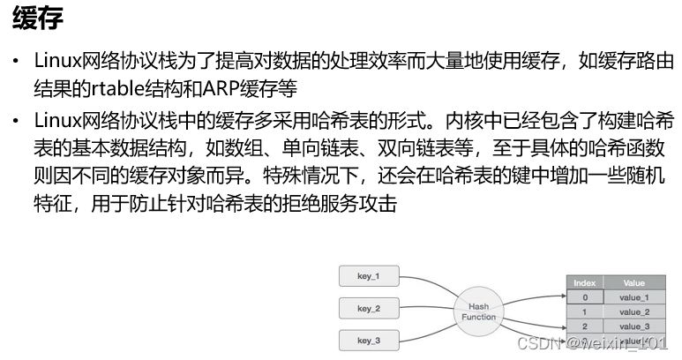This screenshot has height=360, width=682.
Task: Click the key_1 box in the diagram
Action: (x=369, y=277)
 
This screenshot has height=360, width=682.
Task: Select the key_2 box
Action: (x=369, y=309)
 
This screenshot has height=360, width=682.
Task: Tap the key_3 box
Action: (x=369, y=340)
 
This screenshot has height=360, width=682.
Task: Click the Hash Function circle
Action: (x=478, y=311)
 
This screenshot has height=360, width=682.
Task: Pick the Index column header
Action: (x=584, y=283)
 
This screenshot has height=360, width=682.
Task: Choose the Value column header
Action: (x=633, y=283)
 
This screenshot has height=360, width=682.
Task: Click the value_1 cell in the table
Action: (x=633, y=297)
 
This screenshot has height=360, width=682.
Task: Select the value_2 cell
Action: (x=633, y=311)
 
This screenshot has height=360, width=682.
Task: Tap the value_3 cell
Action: (x=633, y=326)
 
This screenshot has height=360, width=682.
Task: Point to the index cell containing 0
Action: (x=584, y=297)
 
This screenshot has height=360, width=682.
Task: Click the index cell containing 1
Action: (x=584, y=311)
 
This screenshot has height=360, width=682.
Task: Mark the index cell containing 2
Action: (x=584, y=326)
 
